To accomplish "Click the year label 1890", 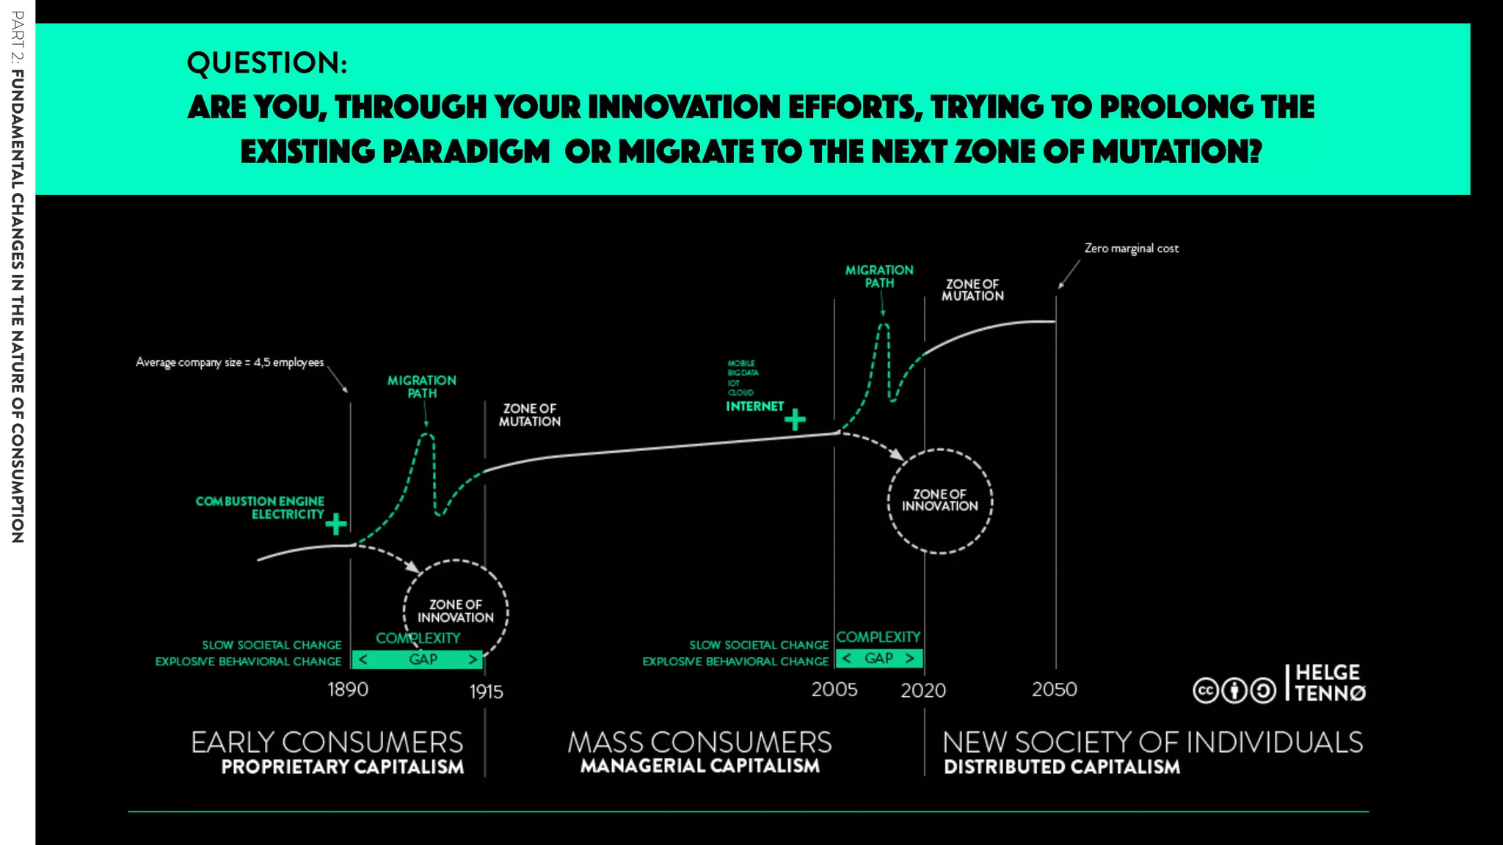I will pos(348,689).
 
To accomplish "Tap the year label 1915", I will pos(486,692).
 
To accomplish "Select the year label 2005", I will pos(834,689).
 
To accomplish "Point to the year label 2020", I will pos(923,690).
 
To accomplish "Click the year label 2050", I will pos(1055,689).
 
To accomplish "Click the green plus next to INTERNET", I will pos(795,420).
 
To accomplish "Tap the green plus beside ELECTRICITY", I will pos(336,524).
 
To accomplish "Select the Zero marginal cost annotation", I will pos(1132,249).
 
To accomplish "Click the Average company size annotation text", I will pos(230,362).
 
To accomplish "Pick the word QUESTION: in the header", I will pos(267,63).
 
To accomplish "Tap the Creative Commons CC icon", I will pos(1206,691).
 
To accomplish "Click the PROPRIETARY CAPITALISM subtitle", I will pos(343,767).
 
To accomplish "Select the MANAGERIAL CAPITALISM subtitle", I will pos(699,766).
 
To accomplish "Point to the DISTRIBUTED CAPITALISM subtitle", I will pos(1062,767).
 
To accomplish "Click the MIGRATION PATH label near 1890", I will pos(422,387).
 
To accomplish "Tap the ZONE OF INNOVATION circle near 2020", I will pos(940,500).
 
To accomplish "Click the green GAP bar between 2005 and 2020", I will pos(878,658).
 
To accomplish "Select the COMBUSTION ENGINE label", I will pos(260,501).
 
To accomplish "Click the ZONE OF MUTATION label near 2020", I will pos(972,290).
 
